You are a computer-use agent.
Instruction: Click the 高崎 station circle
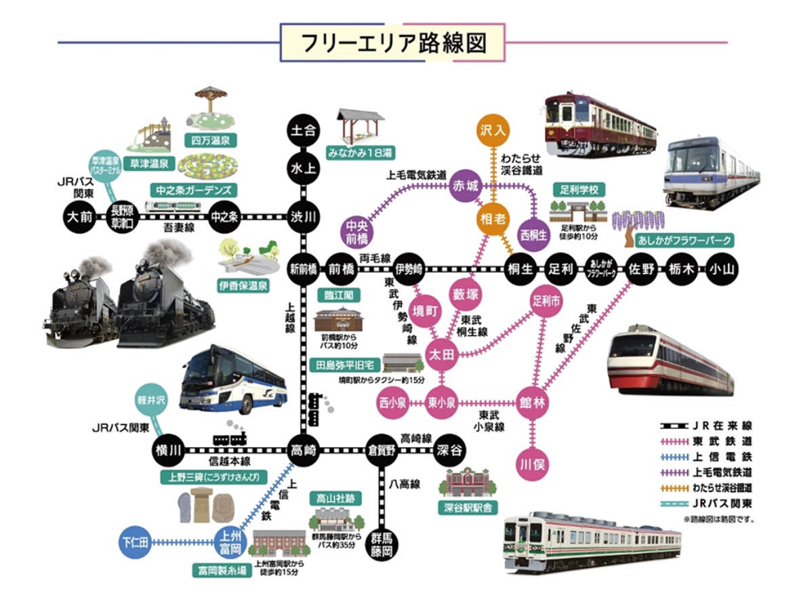pyautogui.click(x=302, y=451)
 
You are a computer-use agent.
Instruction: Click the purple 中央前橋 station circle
pyautogui.click(x=357, y=232)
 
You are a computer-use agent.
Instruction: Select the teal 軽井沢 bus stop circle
pyautogui.click(x=151, y=400)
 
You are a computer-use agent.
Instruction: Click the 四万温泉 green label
pyautogui.click(x=209, y=141)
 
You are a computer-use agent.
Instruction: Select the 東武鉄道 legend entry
pyautogui.click(x=708, y=441)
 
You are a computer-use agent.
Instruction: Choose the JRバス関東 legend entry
pyautogui.click(x=708, y=504)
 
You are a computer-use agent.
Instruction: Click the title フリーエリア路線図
pyautogui.click(x=394, y=43)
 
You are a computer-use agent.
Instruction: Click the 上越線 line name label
pyautogui.click(x=290, y=318)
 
